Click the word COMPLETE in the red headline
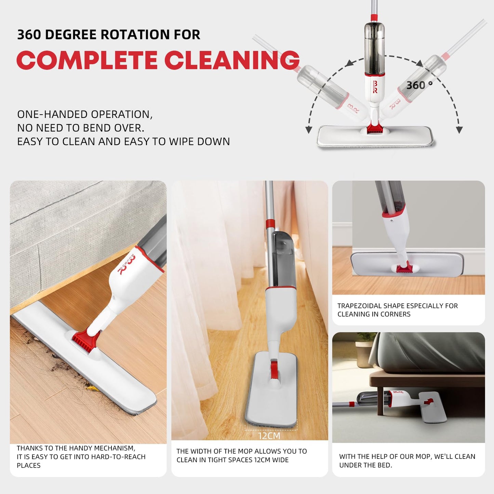coord(87,60)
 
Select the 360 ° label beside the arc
coord(419,85)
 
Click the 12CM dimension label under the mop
coord(269,436)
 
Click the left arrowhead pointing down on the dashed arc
coord(309,130)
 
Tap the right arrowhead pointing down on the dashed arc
coord(459,130)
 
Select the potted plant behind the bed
coord(363,345)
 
